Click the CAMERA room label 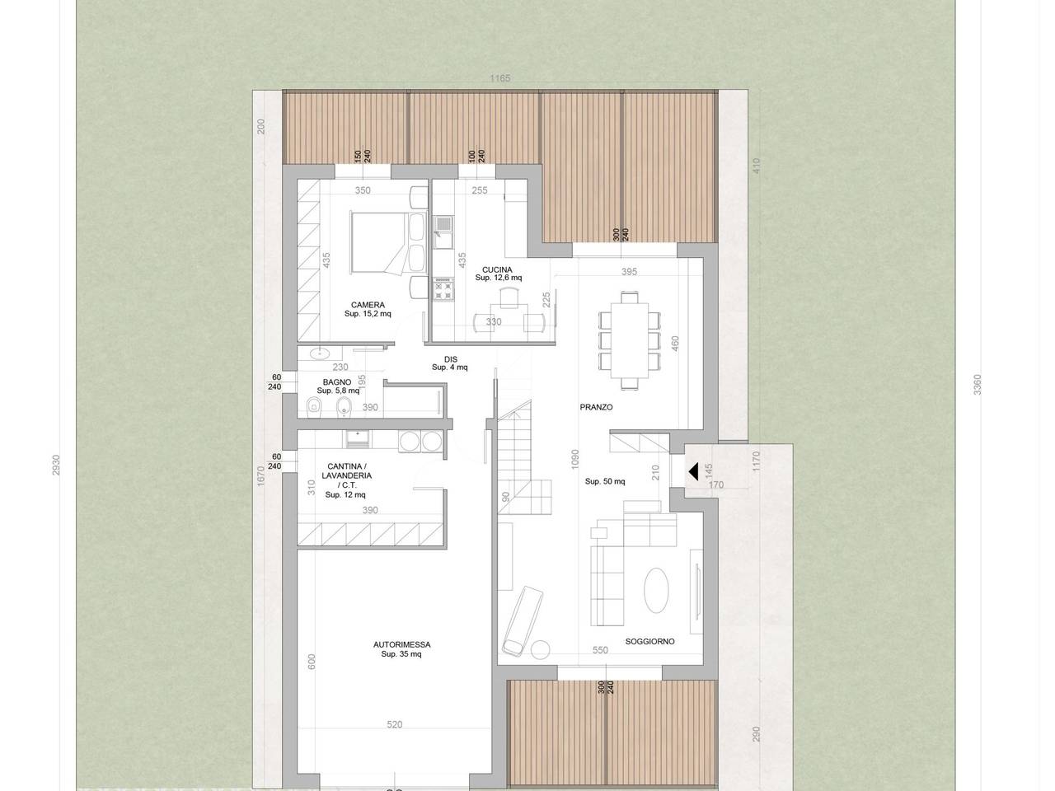point(368,305)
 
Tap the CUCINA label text point(497,270)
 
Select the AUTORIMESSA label point(402,644)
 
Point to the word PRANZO point(596,407)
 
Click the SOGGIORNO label point(649,641)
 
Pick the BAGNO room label point(337,382)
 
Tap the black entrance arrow point(693,471)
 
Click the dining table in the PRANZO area point(629,340)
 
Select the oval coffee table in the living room point(656,590)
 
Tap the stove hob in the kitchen point(443,288)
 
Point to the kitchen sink point(443,232)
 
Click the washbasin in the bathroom point(319,354)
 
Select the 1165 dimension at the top point(499,78)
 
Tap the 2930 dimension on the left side point(56,466)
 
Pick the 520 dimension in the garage point(395,725)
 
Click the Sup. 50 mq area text point(605,481)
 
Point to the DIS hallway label point(451,359)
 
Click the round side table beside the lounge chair point(540,650)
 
